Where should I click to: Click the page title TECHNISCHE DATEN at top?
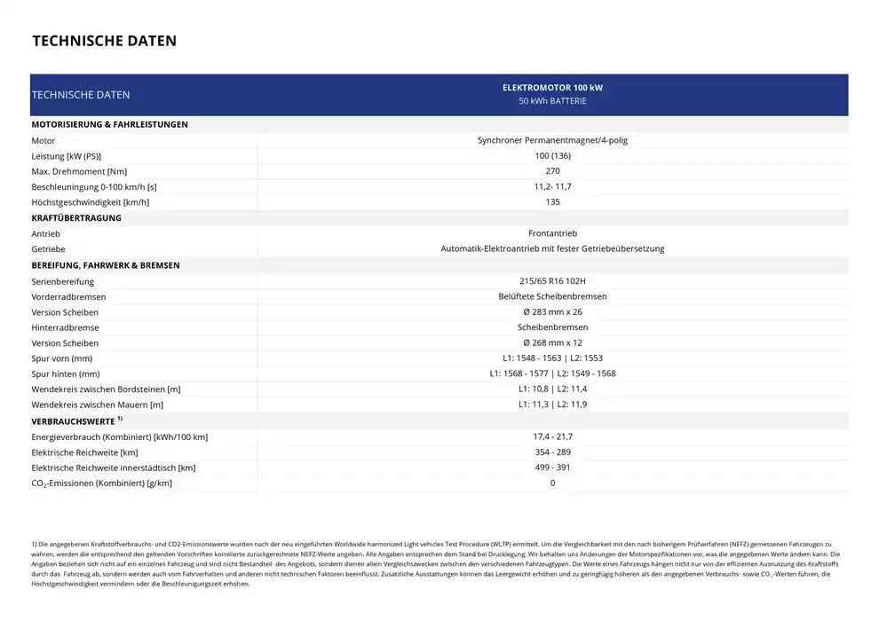[x=104, y=41]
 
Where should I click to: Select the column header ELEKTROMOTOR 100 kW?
[x=552, y=88]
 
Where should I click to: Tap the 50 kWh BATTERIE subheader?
[x=552, y=101]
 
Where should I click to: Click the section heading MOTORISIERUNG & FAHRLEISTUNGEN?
[x=109, y=125]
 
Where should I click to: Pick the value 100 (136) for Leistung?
[x=552, y=156]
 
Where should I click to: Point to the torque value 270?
[x=552, y=171]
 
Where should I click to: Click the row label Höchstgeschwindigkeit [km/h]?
[x=90, y=203]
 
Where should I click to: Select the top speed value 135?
[x=552, y=202]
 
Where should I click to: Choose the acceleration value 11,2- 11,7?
[x=552, y=187]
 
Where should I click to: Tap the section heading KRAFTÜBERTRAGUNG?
[x=76, y=218]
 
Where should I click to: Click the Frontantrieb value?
[x=552, y=233]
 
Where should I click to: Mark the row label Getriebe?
[x=48, y=249]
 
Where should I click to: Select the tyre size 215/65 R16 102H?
[x=552, y=281]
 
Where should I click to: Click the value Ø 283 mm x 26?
[x=552, y=312]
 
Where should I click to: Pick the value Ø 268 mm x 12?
[x=552, y=343]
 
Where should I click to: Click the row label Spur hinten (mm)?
[x=66, y=374]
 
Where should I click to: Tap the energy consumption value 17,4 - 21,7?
[x=552, y=436]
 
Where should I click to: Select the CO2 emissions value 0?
[x=552, y=483]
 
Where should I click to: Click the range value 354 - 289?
[x=552, y=452]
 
